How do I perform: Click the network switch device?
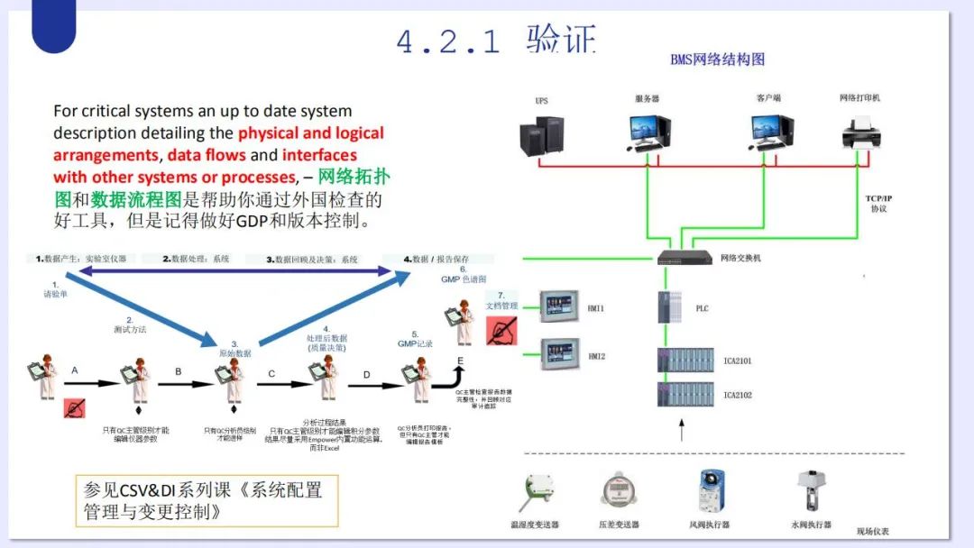[685, 258]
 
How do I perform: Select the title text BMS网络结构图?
[717, 59]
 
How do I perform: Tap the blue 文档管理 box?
[501, 306]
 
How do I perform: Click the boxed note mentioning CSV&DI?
[203, 500]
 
